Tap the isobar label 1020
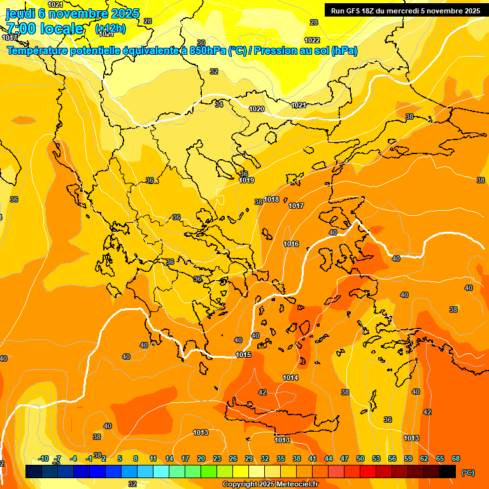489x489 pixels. pyautogui.click(x=257, y=109)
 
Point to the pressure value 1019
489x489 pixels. pyautogui.click(x=247, y=181)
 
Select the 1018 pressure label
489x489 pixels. pyautogui.click(x=271, y=199)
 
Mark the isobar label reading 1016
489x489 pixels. pyautogui.click(x=291, y=244)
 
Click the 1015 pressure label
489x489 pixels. pyautogui.click(x=243, y=355)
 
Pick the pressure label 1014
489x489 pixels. pyautogui.click(x=290, y=378)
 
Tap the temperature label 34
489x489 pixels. pyautogui.click(x=219, y=104)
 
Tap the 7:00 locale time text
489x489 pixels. pyautogui.click(x=45, y=29)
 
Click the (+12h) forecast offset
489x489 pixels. pyautogui.click(x=110, y=29)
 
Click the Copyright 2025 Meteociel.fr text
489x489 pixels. pyautogui.click(x=270, y=485)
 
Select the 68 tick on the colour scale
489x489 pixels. pyautogui.click(x=455, y=459)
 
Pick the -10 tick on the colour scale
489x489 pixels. pyautogui.click(x=43, y=459)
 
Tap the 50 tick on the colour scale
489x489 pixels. pyautogui.click(x=360, y=459)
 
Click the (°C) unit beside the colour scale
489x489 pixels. pyautogui.click(x=467, y=472)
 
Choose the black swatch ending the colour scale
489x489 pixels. pyautogui.click(x=448, y=471)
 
